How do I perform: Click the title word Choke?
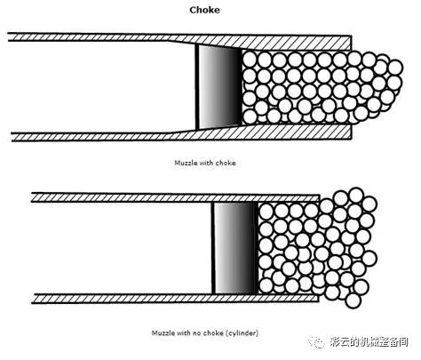click(204, 10)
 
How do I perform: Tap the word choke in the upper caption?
click(226, 163)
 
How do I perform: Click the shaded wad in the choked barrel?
click(220, 87)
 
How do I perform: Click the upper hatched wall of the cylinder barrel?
click(175, 197)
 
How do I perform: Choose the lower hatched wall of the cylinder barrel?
click(175, 299)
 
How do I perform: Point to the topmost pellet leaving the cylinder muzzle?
click(356, 196)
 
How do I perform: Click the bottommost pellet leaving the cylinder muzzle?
click(353, 300)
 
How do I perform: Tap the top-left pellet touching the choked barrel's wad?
click(250, 60)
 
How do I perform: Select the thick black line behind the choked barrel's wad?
click(197, 87)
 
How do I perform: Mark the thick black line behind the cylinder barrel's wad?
click(213, 248)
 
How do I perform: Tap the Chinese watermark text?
click(369, 342)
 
